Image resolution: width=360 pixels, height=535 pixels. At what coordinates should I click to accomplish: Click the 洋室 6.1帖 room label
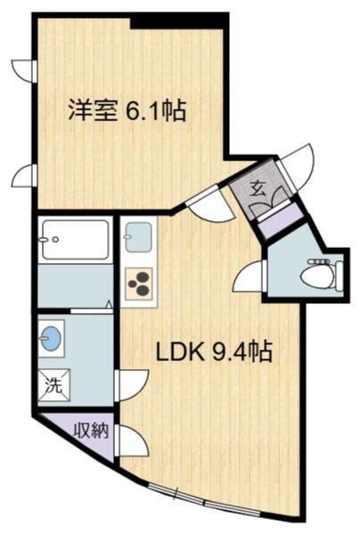click(127, 111)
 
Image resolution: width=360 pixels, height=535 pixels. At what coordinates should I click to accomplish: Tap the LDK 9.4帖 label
click(214, 351)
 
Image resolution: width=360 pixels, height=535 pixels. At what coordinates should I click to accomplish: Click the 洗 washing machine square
click(54, 385)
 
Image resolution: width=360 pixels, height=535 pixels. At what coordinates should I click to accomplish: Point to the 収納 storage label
click(92, 431)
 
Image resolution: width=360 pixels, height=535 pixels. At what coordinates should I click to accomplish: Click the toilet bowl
click(323, 276)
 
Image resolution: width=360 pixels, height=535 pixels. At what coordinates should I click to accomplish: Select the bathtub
click(76, 240)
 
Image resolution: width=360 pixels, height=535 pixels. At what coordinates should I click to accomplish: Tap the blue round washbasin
click(52, 339)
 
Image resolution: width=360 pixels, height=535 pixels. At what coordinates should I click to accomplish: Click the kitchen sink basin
click(138, 237)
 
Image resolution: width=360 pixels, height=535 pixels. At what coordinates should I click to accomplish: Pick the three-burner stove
click(139, 284)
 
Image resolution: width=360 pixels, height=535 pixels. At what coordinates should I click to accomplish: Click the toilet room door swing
click(248, 276)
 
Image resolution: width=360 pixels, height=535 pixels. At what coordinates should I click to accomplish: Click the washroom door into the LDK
click(132, 385)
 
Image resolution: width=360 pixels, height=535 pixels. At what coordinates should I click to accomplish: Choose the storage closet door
click(132, 440)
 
